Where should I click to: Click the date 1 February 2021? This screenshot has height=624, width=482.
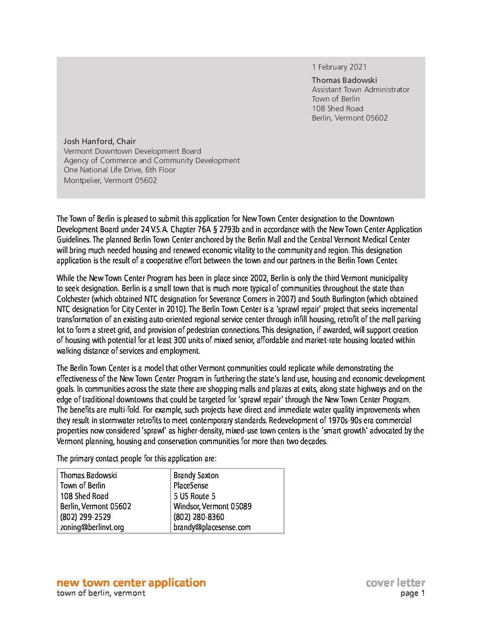point(339,67)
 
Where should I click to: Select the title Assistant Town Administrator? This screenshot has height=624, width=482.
point(360,90)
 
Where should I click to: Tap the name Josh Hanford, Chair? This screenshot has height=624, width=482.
point(100,141)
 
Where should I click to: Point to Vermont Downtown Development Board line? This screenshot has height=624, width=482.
point(132,151)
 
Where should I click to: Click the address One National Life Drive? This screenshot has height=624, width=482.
point(120,170)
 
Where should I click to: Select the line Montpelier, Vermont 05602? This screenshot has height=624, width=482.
point(110,180)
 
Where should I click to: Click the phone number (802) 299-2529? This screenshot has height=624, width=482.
point(86,517)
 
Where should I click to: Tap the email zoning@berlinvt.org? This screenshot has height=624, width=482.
point(92,527)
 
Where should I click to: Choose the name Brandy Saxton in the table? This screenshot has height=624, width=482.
point(196,476)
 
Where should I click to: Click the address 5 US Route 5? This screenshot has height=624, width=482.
point(194,496)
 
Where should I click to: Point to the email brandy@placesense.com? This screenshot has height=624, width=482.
point(212,527)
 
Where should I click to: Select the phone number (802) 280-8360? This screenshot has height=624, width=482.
point(199,517)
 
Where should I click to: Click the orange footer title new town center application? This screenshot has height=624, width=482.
point(131,582)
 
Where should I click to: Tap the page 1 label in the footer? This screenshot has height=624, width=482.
point(412,593)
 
